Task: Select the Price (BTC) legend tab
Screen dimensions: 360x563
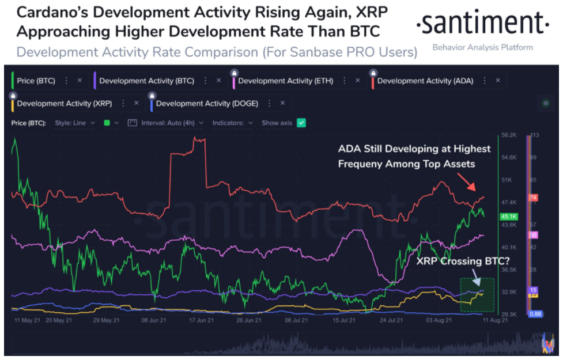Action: pos(36,81)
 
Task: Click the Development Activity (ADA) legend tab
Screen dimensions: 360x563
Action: pos(425,81)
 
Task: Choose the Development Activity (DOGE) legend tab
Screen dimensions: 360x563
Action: pos(206,104)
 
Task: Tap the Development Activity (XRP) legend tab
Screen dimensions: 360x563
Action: pos(64,104)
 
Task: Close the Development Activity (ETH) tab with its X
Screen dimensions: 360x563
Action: pos(357,81)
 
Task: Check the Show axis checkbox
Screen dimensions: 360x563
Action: pos(301,123)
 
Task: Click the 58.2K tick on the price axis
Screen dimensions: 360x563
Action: pos(508,135)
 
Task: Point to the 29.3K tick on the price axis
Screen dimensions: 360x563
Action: pos(508,314)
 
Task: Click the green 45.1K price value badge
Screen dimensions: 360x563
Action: pos(509,217)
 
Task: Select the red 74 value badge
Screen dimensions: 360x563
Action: pos(533,198)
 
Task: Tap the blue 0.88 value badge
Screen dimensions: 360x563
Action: pos(535,314)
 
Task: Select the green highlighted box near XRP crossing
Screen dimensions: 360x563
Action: pos(477,295)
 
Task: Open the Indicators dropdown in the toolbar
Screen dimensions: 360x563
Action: pos(233,123)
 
